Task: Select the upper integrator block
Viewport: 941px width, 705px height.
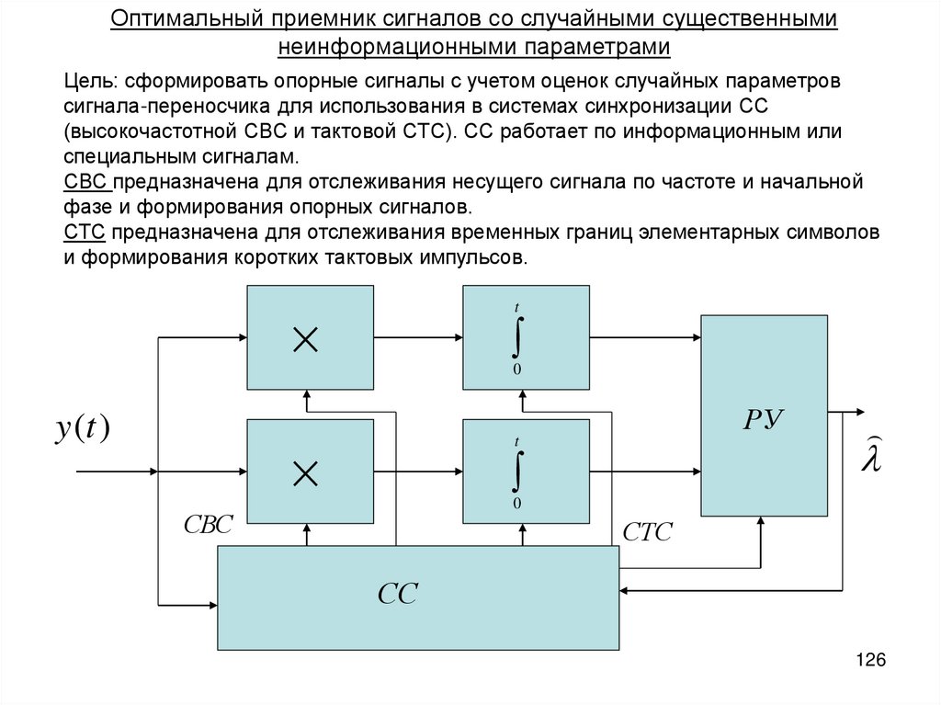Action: point(526,336)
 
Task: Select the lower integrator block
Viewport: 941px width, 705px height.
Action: point(526,471)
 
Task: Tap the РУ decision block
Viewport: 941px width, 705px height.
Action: point(763,415)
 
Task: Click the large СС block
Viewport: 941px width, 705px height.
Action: point(417,597)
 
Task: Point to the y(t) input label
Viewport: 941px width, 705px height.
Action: point(83,428)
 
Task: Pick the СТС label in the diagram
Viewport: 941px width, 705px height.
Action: point(647,531)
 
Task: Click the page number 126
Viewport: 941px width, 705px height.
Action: point(869,660)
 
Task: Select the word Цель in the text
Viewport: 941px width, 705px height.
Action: point(86,80)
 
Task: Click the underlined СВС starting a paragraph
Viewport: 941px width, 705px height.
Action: point(87,181)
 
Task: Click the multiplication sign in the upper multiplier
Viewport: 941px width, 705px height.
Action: point(304,341)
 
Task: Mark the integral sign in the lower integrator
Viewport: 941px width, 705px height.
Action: point(517,472)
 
